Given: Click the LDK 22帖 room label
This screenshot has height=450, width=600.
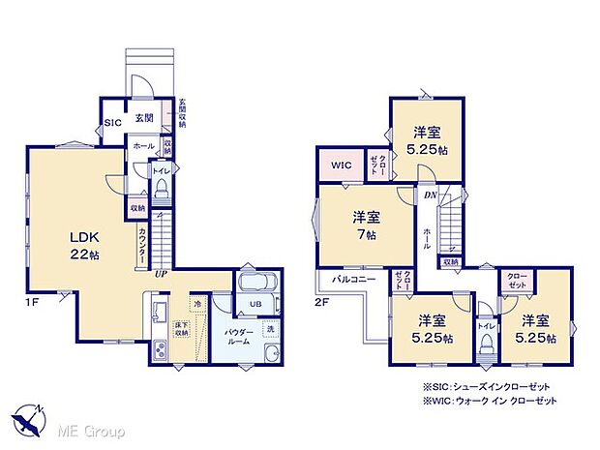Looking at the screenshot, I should click(x=83, y=244).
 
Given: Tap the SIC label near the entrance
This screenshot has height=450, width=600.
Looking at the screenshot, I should click(x=113, y=123).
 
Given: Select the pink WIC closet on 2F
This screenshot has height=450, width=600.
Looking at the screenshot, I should click(x=340, y=165).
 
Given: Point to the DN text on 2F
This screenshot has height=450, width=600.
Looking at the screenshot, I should click(x=429, y=195).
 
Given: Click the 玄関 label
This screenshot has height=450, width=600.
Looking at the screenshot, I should click(x=144, y=117).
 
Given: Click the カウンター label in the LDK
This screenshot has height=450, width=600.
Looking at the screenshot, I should click(x=143, y=241).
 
